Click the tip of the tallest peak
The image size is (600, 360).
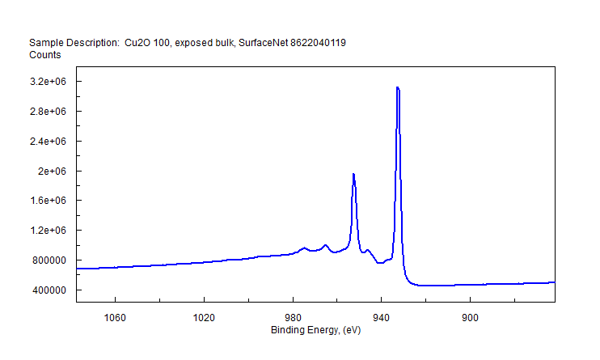[x=397, y=87]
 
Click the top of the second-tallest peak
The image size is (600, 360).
[x=353, y=174]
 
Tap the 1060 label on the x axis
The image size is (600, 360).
[x=116, y=318]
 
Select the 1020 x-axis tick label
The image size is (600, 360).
[x=204, y=318]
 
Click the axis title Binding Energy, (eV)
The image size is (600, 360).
[x=315, y=330]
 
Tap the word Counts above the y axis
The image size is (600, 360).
[x=45, y=55]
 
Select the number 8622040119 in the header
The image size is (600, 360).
[x=318, y=42]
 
